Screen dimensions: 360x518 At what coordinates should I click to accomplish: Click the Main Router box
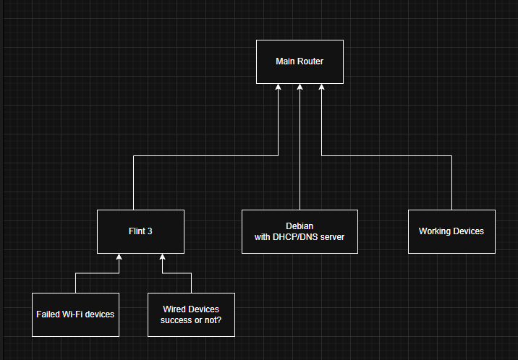pos(300,61)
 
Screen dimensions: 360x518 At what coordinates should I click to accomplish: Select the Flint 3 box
pos(140,231)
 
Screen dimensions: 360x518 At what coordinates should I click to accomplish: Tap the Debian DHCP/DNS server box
pos(300,231)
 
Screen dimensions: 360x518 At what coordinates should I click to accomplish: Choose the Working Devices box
pos(451,231)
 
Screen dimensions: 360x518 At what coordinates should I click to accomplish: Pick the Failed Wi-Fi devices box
pos(75,314)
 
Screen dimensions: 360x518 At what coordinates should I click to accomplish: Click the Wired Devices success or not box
pos(191,314)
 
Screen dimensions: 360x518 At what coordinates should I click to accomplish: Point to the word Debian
pos(300,226)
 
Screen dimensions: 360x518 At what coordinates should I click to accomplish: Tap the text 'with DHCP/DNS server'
pos(300,237)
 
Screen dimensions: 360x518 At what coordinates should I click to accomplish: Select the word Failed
pos(48,314)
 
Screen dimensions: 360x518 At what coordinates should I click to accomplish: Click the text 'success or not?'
pos(191,320)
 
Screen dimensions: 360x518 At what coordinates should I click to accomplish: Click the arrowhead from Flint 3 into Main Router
pos(278,87)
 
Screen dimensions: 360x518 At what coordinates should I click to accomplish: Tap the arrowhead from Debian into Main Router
pos(300,87)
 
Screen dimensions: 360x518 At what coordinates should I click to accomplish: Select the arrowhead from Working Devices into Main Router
pos(321,87)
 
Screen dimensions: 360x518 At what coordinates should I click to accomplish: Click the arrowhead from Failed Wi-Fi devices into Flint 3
pos(119,257)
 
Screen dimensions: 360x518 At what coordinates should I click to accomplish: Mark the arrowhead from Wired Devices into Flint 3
pos(162,257)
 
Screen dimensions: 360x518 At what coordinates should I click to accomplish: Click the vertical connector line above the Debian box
pos(300,152)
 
